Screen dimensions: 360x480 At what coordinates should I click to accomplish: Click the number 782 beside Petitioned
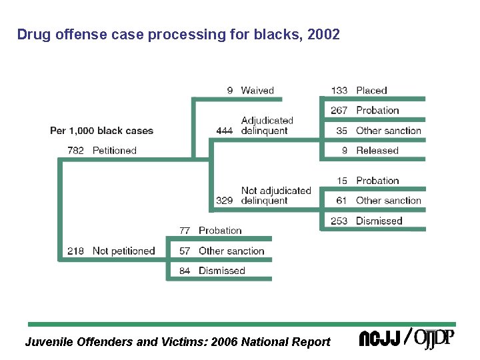(x=76, y=151)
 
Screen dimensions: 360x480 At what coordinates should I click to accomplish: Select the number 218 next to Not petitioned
(x=76, y=251)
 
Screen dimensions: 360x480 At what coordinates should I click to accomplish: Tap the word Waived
(x=257, y=91)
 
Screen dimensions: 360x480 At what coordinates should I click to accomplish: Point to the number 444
(x=225, y=131)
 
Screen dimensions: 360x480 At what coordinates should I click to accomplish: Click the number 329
(x=225, y=201)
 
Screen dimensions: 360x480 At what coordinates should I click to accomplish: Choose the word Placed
(x=371, y=91)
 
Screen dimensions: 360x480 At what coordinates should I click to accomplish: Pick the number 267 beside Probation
(x=339, y=111)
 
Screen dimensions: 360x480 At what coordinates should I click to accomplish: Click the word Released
(x=377, y=151)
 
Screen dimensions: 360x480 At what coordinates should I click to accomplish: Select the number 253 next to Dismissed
(x=339, y=221)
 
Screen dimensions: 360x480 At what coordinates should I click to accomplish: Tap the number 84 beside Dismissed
(x=185, y=271)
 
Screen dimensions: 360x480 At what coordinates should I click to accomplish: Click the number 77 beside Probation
(x=185, y=231)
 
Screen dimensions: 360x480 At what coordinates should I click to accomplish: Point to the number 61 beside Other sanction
(x=341, y=201)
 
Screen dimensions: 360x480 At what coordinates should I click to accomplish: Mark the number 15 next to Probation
(x=342, y=181)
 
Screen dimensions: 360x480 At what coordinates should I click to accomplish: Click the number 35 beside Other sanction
(x=342, y=131)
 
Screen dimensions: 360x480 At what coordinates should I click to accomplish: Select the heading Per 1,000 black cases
(x=101, y=131)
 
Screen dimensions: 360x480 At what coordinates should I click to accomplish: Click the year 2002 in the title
(x=325, y=34)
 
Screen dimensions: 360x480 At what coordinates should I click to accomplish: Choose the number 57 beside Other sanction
(x=185, y=251)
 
